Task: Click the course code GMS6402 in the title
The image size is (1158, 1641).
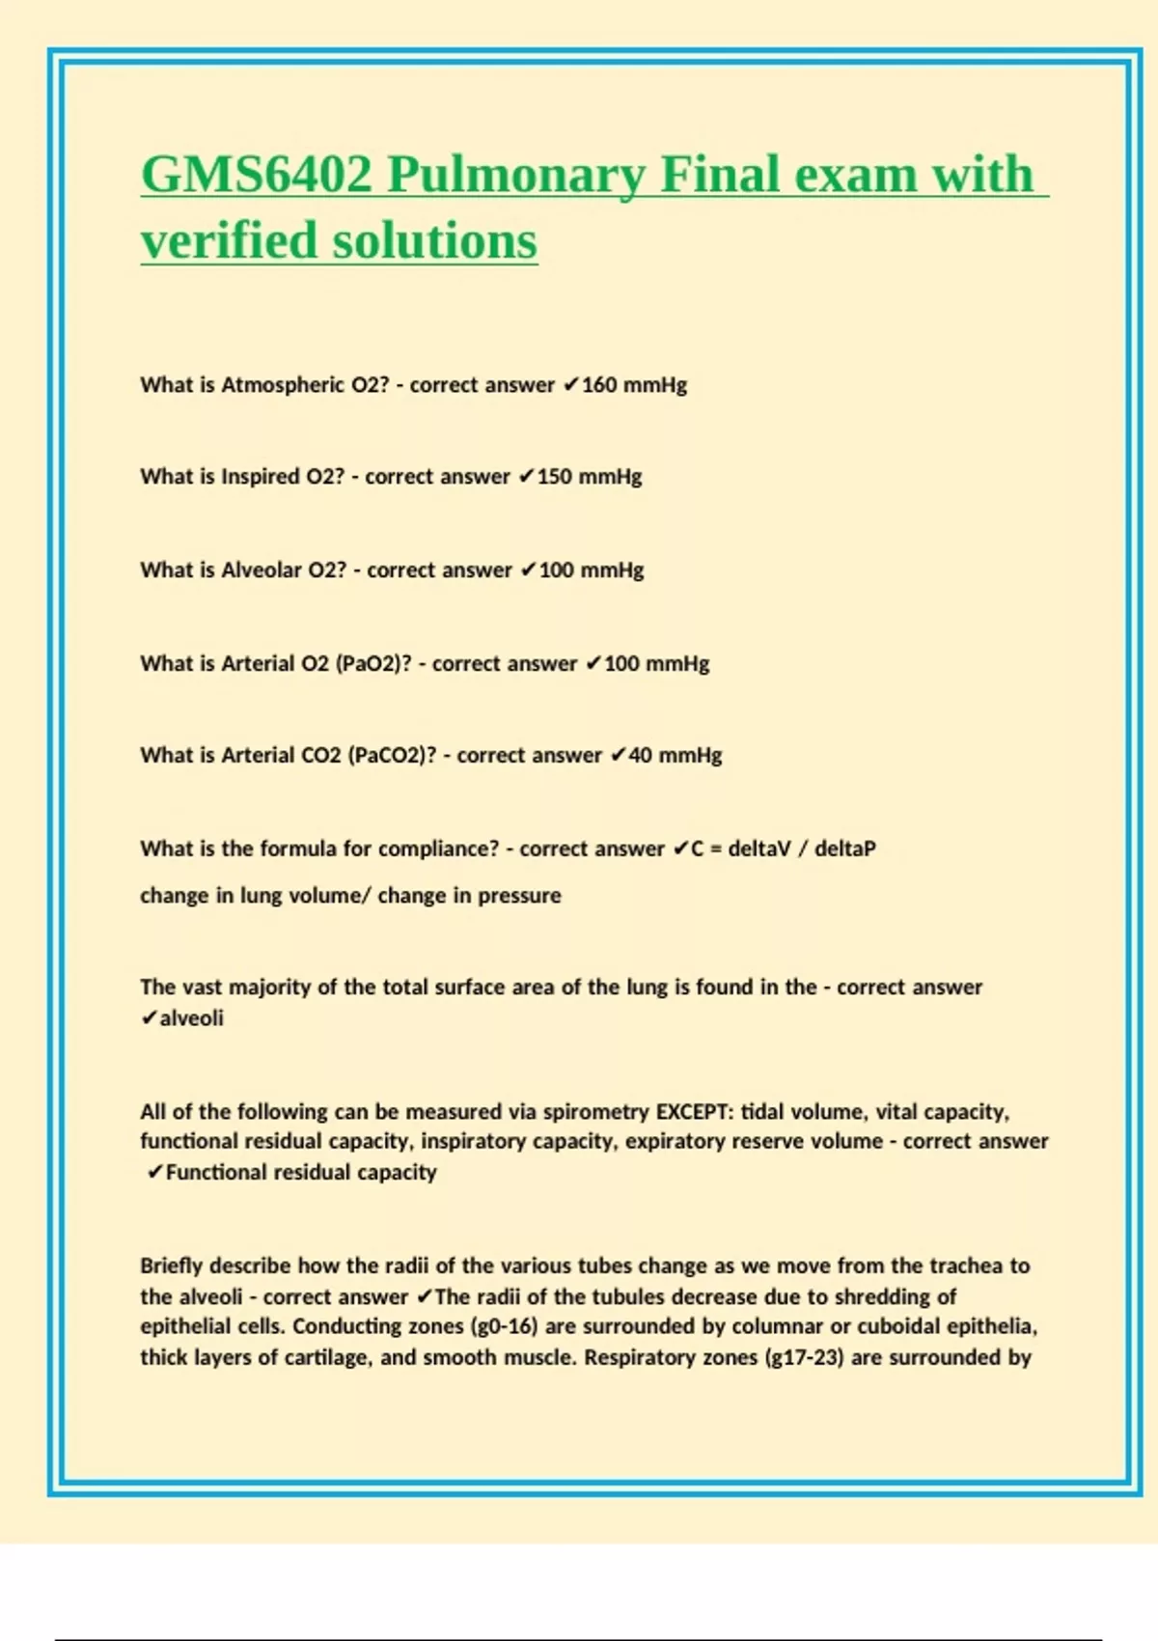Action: click(256, 176)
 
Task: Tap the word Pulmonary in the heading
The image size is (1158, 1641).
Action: click(516, 176)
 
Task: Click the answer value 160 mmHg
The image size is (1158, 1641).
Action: click(634, 385)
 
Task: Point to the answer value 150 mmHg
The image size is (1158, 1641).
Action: click(589, 477)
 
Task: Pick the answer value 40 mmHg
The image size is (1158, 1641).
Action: click(675, 756)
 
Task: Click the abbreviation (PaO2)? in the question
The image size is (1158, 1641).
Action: click(373, 664)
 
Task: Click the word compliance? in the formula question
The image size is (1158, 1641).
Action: click(438, 849)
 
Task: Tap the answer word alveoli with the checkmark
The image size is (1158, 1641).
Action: click(191, 1018)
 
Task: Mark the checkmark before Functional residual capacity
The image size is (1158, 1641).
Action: click(154, 1173)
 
